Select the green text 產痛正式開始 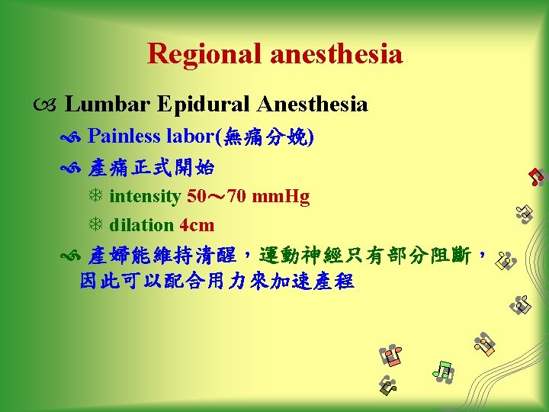[151, 166]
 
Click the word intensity [145, 197]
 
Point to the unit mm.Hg [281, 197]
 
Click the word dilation [142, 225]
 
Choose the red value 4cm [197, 225]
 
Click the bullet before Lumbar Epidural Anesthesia [50, 105]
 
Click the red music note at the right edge [537, 176]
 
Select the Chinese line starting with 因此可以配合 [217, 281]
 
